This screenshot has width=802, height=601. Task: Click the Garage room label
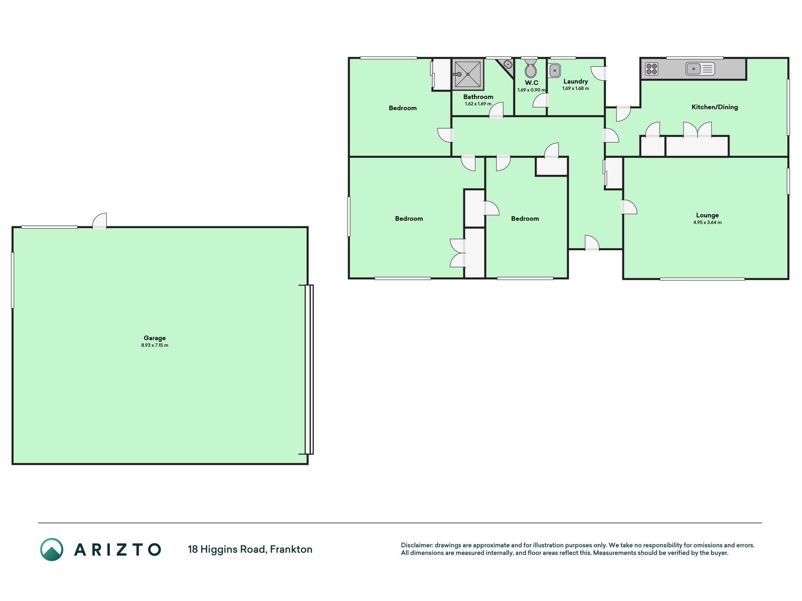coord(155,338)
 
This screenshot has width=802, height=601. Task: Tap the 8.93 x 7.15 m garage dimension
coord(155,346)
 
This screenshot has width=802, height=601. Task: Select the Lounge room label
coord(707,216)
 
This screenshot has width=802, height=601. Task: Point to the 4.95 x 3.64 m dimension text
coord(707,223)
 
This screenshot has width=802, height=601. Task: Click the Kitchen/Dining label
coord(715,107)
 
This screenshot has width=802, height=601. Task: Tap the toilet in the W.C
coord(530,68)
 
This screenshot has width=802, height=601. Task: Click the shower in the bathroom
coord(467,74)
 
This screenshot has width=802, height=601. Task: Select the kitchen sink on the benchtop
coord(700,69)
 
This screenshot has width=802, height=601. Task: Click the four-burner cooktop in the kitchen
coord(652,69)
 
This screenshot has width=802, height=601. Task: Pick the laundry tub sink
coord(554,70)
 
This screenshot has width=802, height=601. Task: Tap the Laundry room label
coord(576,81)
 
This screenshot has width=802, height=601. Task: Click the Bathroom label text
coord(478,97)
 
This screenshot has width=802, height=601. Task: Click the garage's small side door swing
coord(100,220)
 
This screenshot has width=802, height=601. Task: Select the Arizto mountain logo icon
coord(52,549)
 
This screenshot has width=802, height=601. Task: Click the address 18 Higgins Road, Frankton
coord(250,549)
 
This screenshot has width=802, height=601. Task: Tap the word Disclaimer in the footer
coord(416,545)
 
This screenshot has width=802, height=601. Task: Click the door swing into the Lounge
coord(629,207)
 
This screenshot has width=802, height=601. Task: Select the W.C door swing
coord(541,101)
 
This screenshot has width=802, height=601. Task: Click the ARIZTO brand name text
coord(117,549)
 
